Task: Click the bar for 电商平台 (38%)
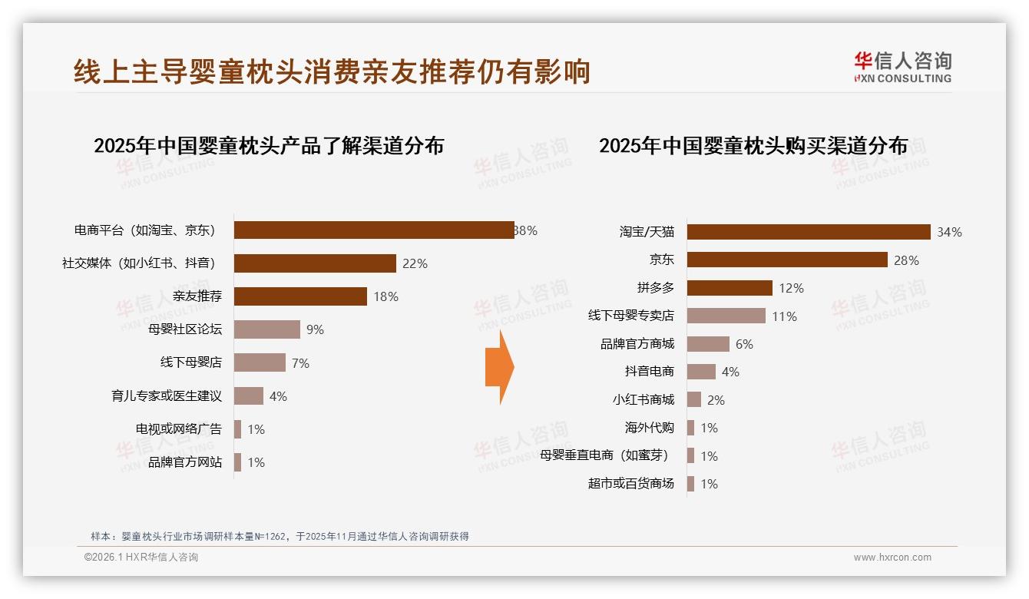pyautogui.click(x=374, y=230)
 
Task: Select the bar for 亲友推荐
pyautogui.click(x=300, y=296)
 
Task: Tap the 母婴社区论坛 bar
pyautogui.click(x=266, y=329)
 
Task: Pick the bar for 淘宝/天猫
pyautogui.click(x=808, y=232)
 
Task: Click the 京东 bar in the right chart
pyautogui.click(x=786, y=260)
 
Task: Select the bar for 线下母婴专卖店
pyautogui.click(x=726, y=316)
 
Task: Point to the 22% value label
pyautogui.click(x=415, y=263)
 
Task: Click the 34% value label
pyautogui.click(x=949, y=232)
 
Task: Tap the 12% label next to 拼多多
pyautogui.click(x=791, y=288)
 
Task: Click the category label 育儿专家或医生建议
pyautogui.click(x=167, y=396)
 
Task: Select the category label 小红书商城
pyautogui.click(x=643, y=399)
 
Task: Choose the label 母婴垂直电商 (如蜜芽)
pyautogui.click(x=604, y=455)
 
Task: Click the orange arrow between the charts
pyautogui.click(x=499, y=367)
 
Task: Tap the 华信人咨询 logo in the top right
pyautogui.click(x=902, y=67)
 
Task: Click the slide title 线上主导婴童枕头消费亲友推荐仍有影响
pyautogui.click(x=332, y=71)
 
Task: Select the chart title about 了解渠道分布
pyautogui.click(x=269, y=146)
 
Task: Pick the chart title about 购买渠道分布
pyautogui.click(x=753, y=146)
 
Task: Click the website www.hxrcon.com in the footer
pyautogui.click(x=892, y=558)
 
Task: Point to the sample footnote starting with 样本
pyautogui.click(x=280, y=536)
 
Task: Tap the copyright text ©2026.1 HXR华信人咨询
pyautogui.click(x=141, y=558)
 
